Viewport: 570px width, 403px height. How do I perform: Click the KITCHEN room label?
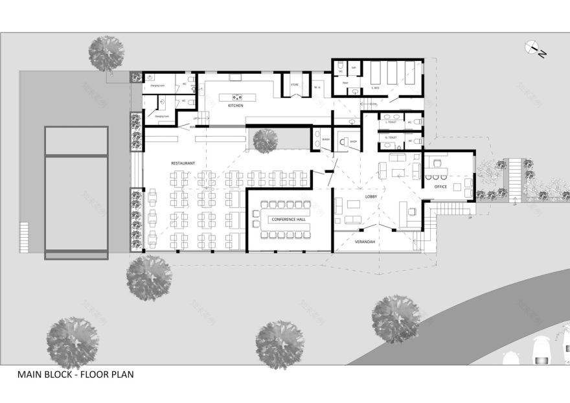(x=235, y=106)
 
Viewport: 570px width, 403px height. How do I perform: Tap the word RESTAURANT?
(x=183, y=163)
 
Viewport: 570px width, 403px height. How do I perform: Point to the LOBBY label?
(x=353, y=196)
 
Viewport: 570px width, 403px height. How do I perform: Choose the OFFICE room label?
(x=440, y=187)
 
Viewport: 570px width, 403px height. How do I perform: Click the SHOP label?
(x=353, y=143)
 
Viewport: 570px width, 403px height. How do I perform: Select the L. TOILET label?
(x=391, y=122)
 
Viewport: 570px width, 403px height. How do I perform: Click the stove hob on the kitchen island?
(x=233, y=97)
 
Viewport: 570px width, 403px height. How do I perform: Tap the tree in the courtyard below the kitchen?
(x=265, y=140)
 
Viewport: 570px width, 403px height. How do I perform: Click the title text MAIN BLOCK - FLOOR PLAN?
(x=75, y=374)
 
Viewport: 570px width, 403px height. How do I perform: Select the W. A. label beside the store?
(x=317, y=86)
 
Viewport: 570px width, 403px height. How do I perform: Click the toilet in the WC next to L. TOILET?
(x=416, y=121)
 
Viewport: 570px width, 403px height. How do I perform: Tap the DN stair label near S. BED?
(x=374, y=104)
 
